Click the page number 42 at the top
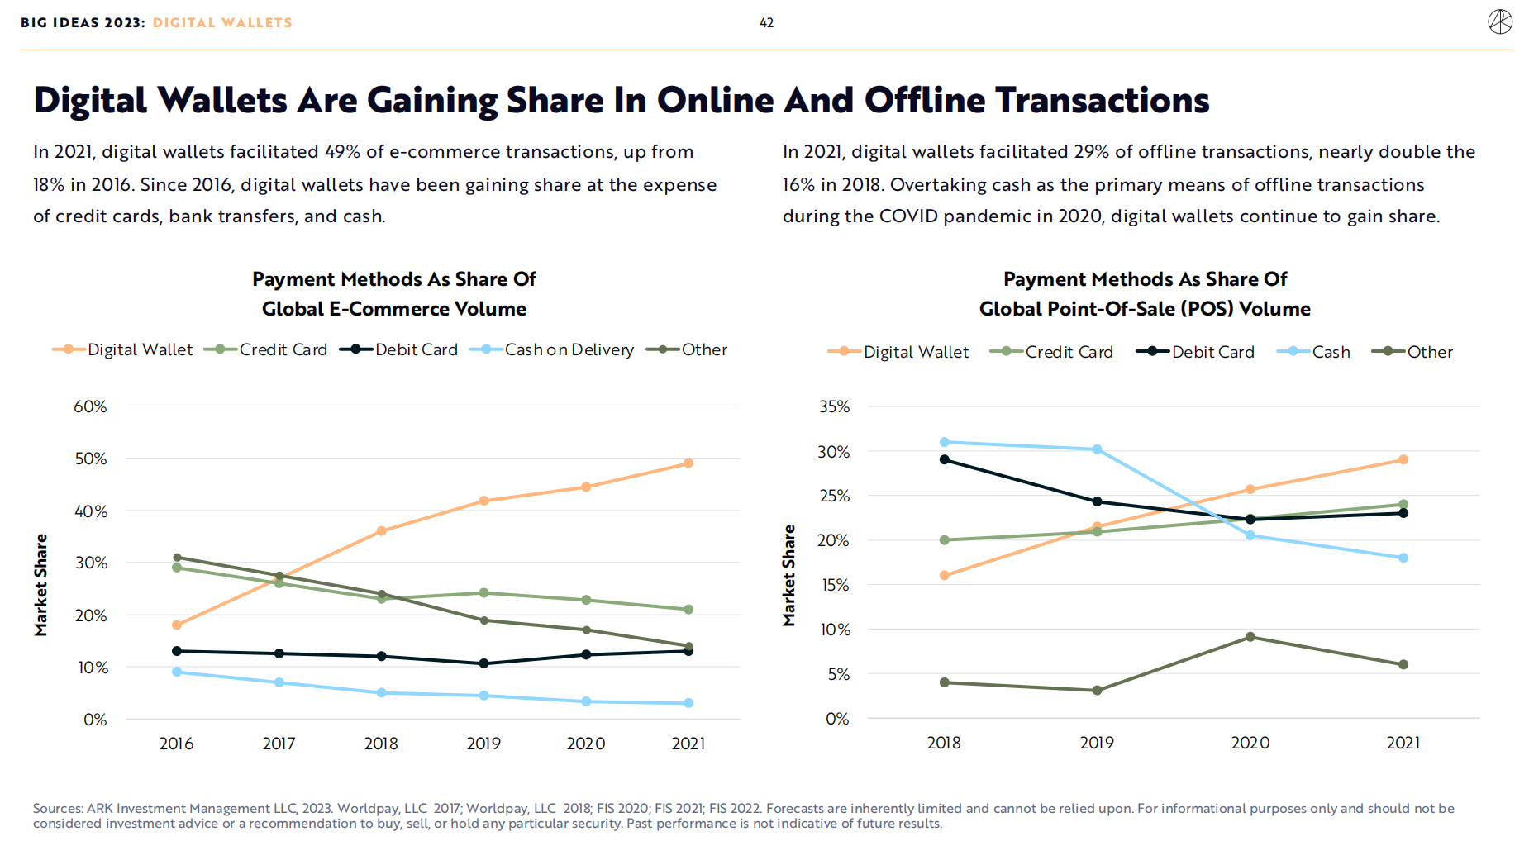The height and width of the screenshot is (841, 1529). pyautogui.click(x=766, y=23)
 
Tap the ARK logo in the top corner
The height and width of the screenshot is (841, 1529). pyautogui.click(x=1500, y=22)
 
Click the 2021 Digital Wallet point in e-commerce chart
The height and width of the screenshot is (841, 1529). pyautogui.click(x=688, y=463)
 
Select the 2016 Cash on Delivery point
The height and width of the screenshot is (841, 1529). pyautogui.click(x=177, y=672)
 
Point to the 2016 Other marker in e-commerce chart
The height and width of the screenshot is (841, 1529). pyautogui.click(x=177, y=558)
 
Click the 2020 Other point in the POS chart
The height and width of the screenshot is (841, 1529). pyautogui.click(x=1250, y=637)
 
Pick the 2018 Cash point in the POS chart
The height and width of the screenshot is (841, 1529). pyautogui.click(x=945, y=442)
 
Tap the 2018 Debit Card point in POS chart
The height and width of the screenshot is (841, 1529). pyautogui.click(x=945, y=459)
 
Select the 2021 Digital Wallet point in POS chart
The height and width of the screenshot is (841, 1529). pyautogui.click(x=1403, y=459)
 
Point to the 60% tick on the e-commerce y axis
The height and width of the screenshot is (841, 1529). pyautogui.click(x=90, y=406)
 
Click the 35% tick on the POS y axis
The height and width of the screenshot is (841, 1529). pyautogui.click(x=834, y=406)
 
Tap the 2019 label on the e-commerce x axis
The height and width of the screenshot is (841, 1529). pyautogui.click(x=483, y=744)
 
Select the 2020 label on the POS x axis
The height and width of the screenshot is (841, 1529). pyautogui.click(x=1250, y=743)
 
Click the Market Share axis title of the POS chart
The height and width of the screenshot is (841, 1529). pyautogui.click(x=789, y=575)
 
